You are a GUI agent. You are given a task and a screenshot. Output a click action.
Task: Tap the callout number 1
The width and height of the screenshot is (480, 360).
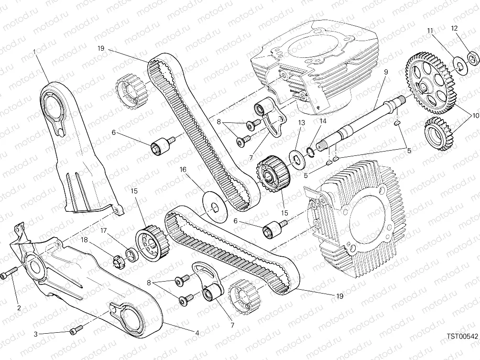(34, 52)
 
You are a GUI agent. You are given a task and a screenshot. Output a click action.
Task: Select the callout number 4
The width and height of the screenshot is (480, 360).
(197, 333)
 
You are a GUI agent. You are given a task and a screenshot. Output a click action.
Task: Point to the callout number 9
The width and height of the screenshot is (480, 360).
(386, 72)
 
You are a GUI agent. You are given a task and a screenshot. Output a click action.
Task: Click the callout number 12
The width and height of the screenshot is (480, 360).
(454, 28)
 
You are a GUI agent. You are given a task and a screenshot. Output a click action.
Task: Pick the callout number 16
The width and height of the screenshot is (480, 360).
(183, 170)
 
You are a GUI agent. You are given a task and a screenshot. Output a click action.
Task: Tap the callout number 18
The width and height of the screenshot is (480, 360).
(84, 240)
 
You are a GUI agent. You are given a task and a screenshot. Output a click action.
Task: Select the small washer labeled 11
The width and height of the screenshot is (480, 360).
(458, 65)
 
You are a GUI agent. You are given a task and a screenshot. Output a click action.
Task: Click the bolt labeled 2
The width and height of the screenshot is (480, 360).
(9, 272)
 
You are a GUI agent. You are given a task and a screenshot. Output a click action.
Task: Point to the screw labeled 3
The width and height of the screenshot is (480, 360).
(76, 329)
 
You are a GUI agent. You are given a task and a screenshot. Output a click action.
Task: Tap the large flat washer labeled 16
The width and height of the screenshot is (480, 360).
(215, 207)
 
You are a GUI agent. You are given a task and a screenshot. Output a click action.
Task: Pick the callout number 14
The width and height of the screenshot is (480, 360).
(323, 121)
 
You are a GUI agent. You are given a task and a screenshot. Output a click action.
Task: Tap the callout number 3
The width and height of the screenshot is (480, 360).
(36, 334)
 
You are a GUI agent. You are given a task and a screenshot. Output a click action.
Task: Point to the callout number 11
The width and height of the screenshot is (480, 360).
(430, 31)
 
